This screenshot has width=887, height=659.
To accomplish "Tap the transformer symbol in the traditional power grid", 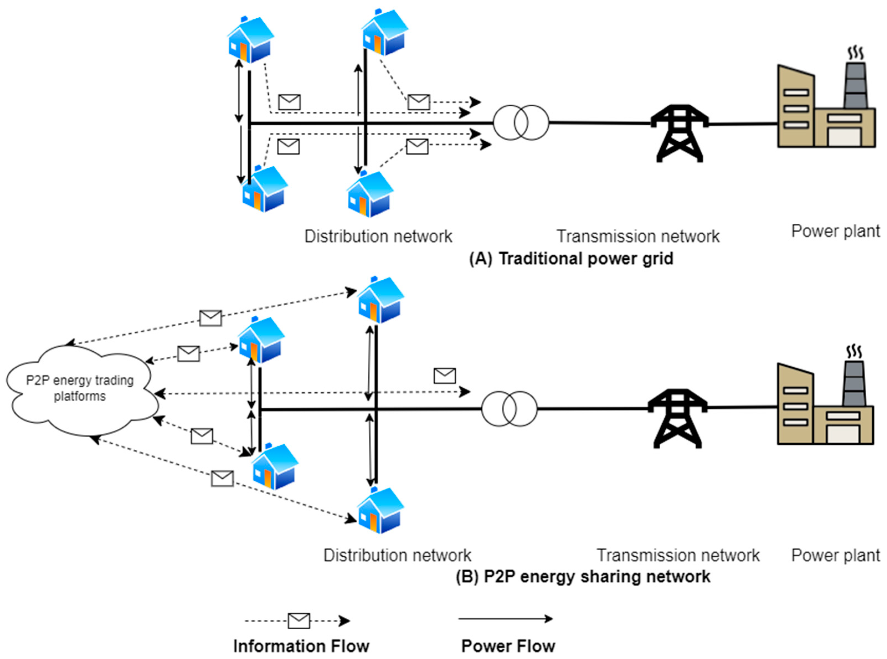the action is pyautogui.click(x=521, y=122).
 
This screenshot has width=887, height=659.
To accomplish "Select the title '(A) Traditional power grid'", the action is pyautogui.click(x=571, y=259).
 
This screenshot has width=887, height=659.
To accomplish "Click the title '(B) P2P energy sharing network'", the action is pyautogui.click(x=583, y=576).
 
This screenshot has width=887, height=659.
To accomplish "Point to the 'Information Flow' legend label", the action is pyautogui.click(x=301, y=646).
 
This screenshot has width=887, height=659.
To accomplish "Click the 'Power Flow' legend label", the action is pyautogui.click(x=508, y=646).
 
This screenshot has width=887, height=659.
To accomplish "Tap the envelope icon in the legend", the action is pyautogui.click(x=299, y=621).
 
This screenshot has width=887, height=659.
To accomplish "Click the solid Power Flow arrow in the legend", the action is pyautogui.click(x=506, y=619).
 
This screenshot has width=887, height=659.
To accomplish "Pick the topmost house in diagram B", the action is pyautogui.click(x=380, y=300).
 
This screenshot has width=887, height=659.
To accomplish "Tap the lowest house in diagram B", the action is pyautogui.click(x=380, y=510).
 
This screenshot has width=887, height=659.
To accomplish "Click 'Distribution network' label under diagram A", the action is pyautogui.click(x=378, y=236).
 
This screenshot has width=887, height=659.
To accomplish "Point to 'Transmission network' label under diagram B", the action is pyautogui.click(x=678, y=555).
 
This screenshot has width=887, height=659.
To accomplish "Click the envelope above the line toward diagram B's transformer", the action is pyautogui.click(x=445, y=376).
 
